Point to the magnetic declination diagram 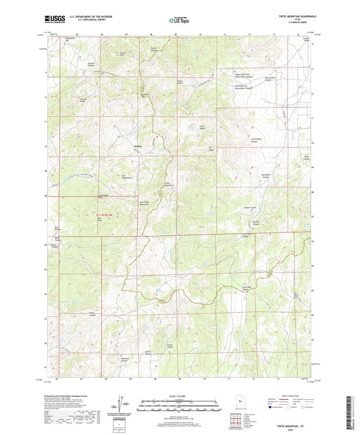[124, 405]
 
